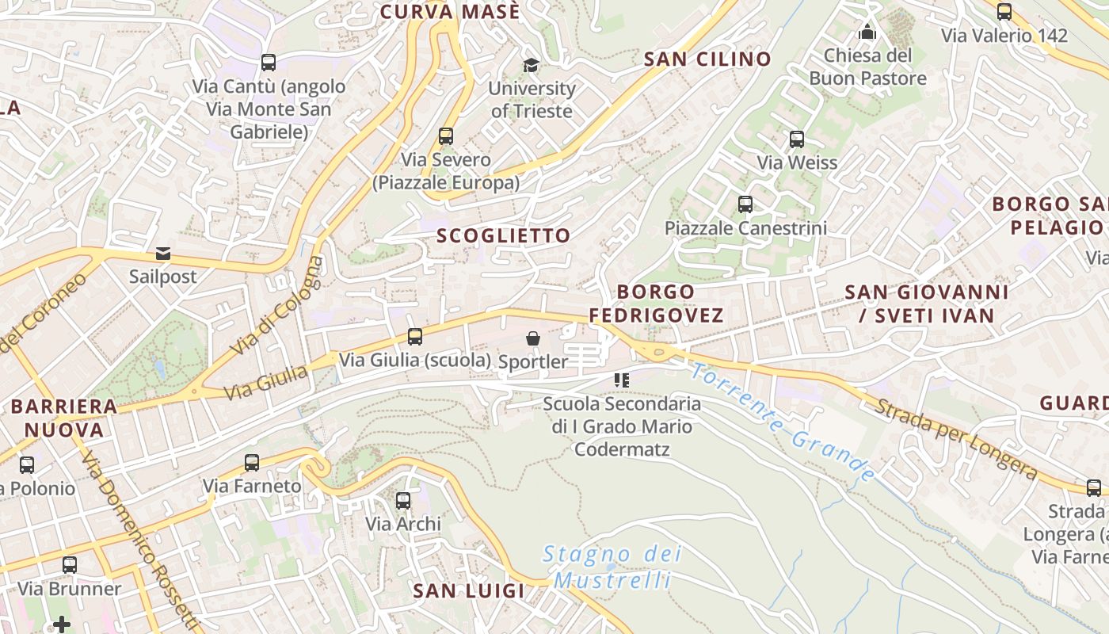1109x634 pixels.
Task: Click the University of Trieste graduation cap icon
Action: click(x=531, y=65)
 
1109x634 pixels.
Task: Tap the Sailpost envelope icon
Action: click(x=163, y=254)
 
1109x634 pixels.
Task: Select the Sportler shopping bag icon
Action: click(x=533, y=338)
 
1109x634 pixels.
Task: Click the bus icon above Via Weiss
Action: click(x=797, y=139)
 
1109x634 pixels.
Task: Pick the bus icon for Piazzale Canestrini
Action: click(x=745, y=204)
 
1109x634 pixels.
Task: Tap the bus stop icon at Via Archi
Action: click(x=403, y=501)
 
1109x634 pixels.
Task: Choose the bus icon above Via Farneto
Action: click(x=252, y=463)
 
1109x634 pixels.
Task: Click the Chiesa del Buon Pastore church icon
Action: click(x=867, y=32)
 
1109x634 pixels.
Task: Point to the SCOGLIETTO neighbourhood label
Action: click(x=503, y=235)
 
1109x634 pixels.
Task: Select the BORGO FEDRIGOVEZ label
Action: click(x=656, y=304)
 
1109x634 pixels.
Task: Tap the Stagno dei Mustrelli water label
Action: click(x=612, y=567)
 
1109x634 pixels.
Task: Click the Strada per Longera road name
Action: click(x=955, y=440)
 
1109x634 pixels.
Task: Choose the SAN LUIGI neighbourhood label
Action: click(x=469, y=590)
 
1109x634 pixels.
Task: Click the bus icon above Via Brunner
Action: click(x=70, y=565)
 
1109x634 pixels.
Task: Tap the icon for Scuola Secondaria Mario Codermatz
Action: click(x=622, y=380)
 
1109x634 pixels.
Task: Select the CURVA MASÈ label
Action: click(x=450, y=12)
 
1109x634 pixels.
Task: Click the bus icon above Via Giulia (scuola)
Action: click(x=415, y=337)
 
